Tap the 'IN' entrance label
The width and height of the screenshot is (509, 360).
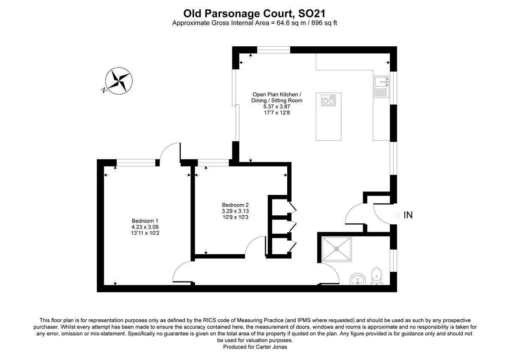408,215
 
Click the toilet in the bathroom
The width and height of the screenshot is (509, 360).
376,276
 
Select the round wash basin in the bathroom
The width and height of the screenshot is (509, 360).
358,280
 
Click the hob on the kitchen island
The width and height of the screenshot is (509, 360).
329,101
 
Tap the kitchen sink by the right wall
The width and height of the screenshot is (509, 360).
381,87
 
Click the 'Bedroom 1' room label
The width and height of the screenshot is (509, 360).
145,221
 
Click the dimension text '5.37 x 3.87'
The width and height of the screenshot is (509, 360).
277,107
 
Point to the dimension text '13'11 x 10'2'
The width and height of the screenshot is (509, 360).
145,233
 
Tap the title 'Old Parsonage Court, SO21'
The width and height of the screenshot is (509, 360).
254,14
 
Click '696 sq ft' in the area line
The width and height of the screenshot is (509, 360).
321,23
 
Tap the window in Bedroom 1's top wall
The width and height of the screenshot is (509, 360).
136,162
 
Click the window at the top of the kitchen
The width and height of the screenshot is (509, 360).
274,50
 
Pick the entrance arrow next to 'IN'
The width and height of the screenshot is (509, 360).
397,215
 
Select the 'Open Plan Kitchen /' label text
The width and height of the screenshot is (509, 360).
277,94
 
